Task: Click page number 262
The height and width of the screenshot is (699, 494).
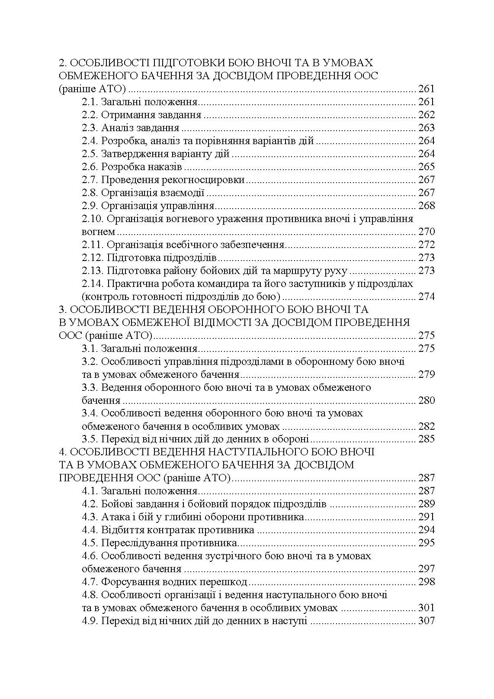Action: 426,115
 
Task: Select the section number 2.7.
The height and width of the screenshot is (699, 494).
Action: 90,180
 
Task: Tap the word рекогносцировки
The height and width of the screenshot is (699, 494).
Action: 203,180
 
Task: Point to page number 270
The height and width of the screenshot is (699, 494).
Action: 426,232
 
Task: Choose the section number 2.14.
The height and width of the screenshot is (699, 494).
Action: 92,284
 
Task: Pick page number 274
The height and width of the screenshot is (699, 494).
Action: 426,297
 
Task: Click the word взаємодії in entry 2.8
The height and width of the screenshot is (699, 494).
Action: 183,193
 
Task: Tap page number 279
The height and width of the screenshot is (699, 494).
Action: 426,374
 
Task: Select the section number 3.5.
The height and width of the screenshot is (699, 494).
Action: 90,439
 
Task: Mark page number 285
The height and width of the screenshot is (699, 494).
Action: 426,439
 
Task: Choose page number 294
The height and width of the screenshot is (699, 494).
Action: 426,530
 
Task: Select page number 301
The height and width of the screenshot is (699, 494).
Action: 426,608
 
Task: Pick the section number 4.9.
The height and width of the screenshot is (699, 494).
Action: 90,621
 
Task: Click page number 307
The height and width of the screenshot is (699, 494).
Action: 426,621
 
